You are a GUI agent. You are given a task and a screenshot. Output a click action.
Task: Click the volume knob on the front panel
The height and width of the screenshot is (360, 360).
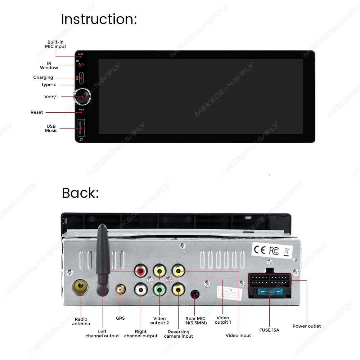[x=82, y=96]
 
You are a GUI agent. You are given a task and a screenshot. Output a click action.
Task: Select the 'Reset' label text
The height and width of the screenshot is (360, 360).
[x=37, y=112]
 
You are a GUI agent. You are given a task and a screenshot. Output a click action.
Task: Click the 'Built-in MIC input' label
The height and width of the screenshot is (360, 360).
[x=55, y=44]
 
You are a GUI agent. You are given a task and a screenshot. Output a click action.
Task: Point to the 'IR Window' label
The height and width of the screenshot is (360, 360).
[x=49, y=66]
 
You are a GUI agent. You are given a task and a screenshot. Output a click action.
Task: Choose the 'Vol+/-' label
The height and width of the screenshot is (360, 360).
[x=51, y=96]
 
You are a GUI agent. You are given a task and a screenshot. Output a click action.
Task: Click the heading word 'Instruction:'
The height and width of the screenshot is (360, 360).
[x=99, y=19]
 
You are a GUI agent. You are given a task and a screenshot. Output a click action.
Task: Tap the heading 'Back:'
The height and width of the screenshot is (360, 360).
[x=80, y=193]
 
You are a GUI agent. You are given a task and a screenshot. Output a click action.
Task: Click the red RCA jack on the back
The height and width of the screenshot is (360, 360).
[x=140, y=271]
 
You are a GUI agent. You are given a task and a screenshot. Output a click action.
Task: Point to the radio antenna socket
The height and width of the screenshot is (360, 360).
[x=80, y=288]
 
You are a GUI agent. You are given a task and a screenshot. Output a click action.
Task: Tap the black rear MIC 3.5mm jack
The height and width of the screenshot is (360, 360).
[x=195, y=294]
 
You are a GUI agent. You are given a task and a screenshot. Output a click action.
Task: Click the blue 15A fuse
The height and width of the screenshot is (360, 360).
[x=269, y=292]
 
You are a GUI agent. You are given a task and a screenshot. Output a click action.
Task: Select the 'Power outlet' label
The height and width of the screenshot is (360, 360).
[x=306, y=326]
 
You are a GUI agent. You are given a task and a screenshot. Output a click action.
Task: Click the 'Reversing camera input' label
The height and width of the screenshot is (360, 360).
[x=179, y=334]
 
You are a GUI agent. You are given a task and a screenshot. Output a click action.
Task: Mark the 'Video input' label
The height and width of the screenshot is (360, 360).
[x=238, y=336]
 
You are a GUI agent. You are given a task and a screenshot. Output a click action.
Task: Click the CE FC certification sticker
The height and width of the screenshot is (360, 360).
[x=272, y=250]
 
